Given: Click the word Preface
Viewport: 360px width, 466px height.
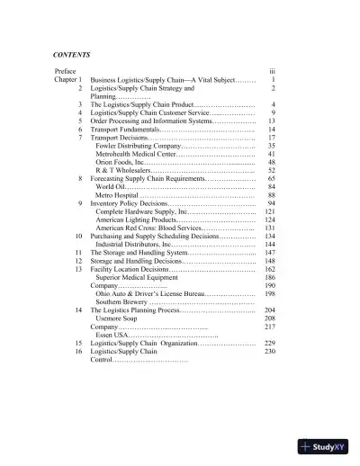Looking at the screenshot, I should tap(66, 70).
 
